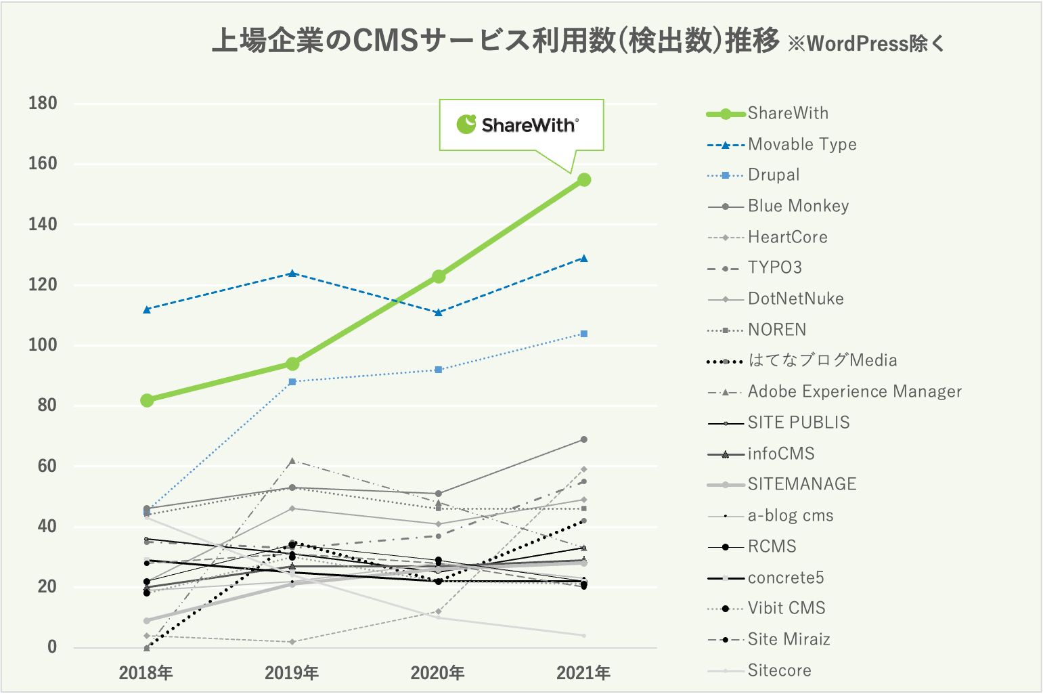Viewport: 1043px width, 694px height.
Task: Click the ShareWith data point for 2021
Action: point(584,179)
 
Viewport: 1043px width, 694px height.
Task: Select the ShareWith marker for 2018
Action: point(147,400)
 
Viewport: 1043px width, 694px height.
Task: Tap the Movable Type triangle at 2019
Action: point(292,274)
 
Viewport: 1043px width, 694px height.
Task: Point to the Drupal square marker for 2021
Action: point(584,334)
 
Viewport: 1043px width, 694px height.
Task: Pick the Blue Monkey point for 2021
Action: point(584,439)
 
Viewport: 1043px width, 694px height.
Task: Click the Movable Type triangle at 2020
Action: point(439,312)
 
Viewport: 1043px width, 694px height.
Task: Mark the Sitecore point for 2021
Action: point(584,635)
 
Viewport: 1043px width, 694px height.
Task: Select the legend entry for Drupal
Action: point(774,175)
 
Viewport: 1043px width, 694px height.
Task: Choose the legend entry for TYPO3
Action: point(774,267)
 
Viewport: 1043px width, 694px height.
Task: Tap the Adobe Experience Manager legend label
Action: point(854,391)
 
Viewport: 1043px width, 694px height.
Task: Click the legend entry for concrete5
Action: point(785,578)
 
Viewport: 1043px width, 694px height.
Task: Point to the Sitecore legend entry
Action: point(779,670)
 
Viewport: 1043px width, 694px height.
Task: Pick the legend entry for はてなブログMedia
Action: point(822,360)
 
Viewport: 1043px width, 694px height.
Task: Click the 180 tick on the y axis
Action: point(43,104)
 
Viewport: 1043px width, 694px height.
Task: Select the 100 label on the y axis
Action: point(43,345)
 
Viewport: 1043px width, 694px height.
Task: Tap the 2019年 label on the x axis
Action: point(292,673)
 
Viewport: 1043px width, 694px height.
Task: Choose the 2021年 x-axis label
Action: point(583,673)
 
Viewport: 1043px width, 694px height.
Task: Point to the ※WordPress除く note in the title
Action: point(866,44)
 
